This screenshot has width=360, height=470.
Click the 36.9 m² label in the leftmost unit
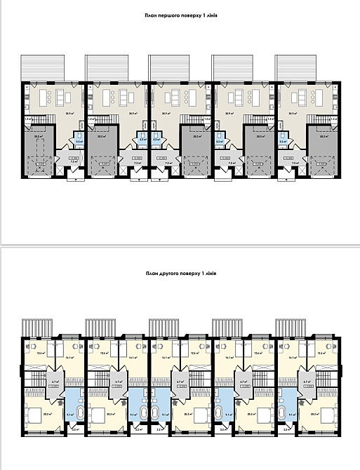point(51,113)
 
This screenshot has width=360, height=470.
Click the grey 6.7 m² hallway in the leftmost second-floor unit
point(55,382)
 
